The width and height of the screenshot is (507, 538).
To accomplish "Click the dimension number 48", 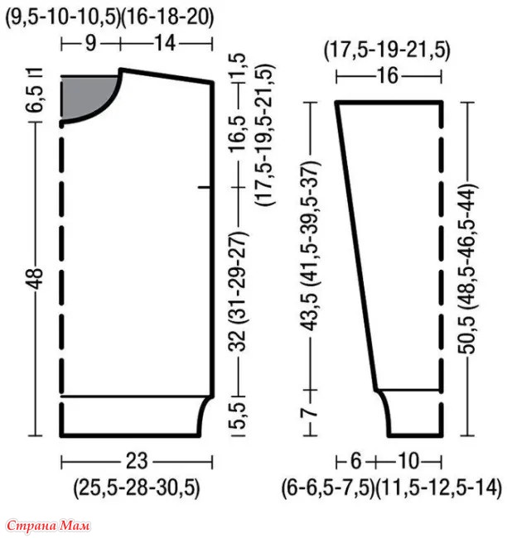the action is pos(35,279).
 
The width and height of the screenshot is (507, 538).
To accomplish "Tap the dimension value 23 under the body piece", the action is pos(137,462).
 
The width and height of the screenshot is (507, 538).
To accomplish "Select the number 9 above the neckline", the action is pos(90,44).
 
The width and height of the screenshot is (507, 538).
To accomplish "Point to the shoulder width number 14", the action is pos(166,44).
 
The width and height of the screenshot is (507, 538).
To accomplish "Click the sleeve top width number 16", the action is pos(388,76).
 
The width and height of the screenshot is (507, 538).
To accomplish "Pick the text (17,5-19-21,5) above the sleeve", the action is pos(387,50).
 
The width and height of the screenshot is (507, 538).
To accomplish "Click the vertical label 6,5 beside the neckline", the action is pos(35,98).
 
